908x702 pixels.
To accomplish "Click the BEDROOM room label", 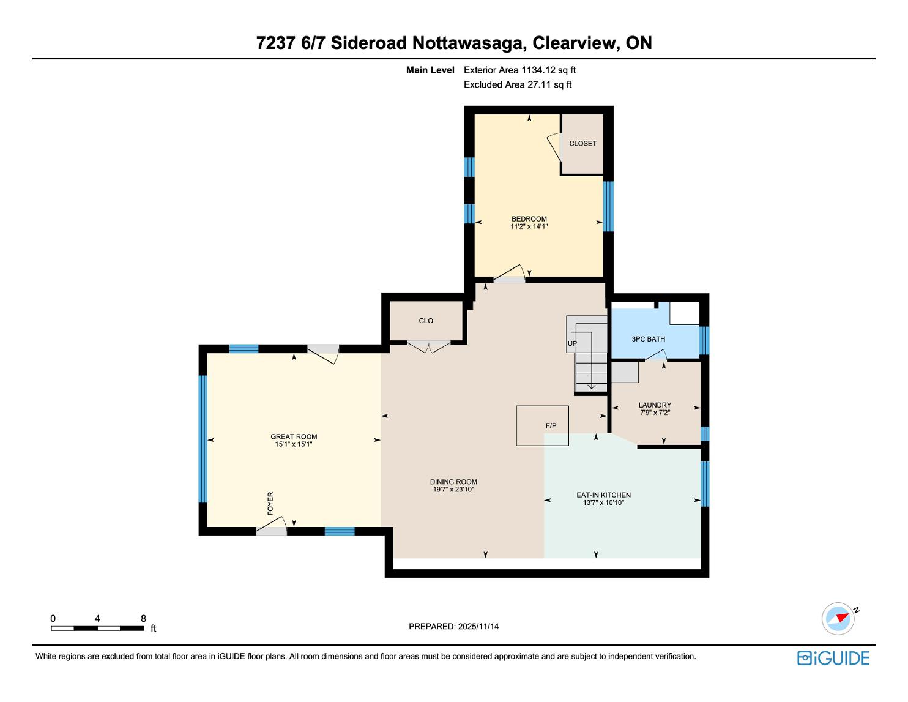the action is pos(529,219).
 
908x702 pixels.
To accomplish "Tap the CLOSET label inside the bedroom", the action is pos(582,143).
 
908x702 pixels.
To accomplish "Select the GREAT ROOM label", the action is pos(294,436).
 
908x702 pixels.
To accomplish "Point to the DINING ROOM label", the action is pos(453,482).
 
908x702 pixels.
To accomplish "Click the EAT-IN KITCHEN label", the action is pos(603,495).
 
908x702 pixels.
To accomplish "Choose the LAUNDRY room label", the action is pos(655,405).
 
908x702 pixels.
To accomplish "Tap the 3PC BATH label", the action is pos(648,339).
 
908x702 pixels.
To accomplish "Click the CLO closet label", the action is pos(426,321).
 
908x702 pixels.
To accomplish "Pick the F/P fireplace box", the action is pos(542,425).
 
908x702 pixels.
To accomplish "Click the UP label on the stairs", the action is pos(572,343).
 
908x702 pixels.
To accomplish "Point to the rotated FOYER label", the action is pos(270,503).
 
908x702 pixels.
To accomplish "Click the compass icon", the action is pos(838,619).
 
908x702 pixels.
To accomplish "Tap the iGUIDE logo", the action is pos(833,658).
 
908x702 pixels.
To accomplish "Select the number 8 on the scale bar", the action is pos(143,618).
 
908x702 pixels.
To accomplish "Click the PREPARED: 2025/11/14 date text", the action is pos(453,626).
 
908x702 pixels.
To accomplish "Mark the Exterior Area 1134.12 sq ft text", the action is pos(519,70).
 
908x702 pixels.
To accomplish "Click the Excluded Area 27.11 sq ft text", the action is pos(517,85).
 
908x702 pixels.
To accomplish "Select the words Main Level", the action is pos(430,70).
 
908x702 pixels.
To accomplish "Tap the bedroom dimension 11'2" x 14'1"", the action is pos(529,226).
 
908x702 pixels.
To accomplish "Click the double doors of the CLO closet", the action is pos(429,347).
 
